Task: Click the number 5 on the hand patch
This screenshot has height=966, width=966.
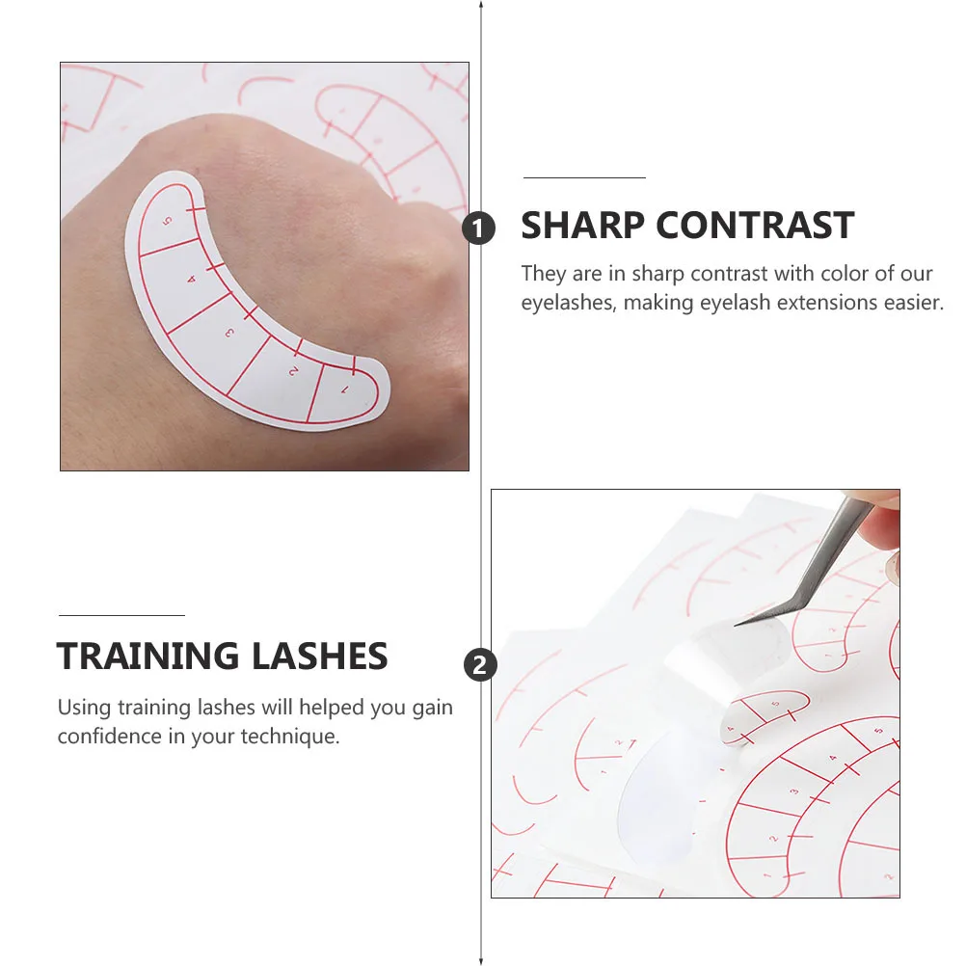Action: click(168, 221)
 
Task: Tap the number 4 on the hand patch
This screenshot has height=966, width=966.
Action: click(191, 279)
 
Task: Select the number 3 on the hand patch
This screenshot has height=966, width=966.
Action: click(229, 333)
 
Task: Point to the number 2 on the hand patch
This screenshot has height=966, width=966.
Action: click(293, 369)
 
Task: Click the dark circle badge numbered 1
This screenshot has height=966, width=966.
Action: click(479, 228)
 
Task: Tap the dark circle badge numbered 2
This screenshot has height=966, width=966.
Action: click(480, 664)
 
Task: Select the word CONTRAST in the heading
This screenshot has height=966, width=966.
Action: click(756, 226)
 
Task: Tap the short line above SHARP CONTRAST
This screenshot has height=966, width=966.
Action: click(584, 178)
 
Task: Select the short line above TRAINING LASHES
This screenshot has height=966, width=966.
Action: click(121, 615)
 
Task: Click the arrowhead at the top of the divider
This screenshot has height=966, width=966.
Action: click(481, 5)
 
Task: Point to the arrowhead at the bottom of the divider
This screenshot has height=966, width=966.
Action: click(481, 960)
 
